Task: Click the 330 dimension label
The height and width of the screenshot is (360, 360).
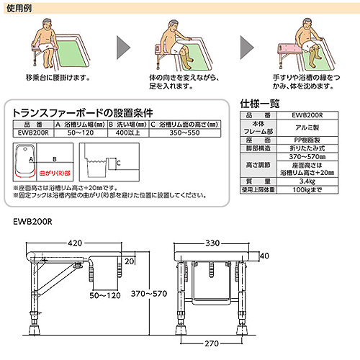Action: tap(212, 243)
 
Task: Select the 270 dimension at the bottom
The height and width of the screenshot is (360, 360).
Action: tap(212, 344)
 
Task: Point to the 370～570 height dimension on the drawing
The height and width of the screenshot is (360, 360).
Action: tap(148, 294)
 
